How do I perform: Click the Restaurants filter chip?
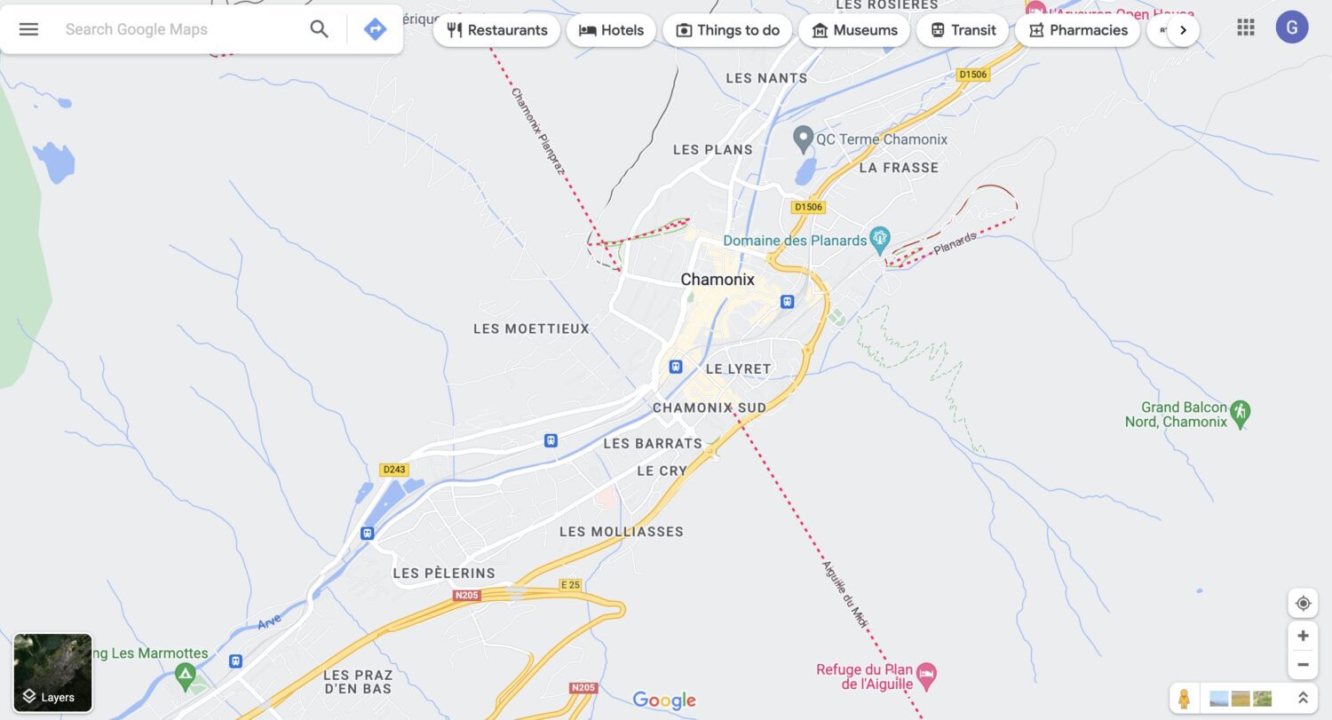[496, 30]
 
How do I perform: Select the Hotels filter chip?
[611, 30]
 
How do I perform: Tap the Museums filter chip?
[854, 30]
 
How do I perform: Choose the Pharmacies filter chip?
[1077, 30]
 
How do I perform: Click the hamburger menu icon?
[28, 29]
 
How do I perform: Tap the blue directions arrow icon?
[375, 29]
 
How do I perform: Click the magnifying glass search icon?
[319, 29]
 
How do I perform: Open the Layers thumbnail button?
[53, 672]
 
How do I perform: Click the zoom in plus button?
[1303, 636]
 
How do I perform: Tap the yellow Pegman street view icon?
[1183, 698]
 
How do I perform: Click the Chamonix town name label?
[718, 280]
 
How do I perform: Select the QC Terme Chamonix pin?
[803, 138]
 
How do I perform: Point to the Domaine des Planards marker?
[880, 237]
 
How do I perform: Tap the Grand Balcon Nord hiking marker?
[1241, 411]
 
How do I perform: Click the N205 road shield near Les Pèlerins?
[466, 595]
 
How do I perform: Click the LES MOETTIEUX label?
[531, 329]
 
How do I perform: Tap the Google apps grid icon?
[1246, 28]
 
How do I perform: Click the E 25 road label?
[569, 585]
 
